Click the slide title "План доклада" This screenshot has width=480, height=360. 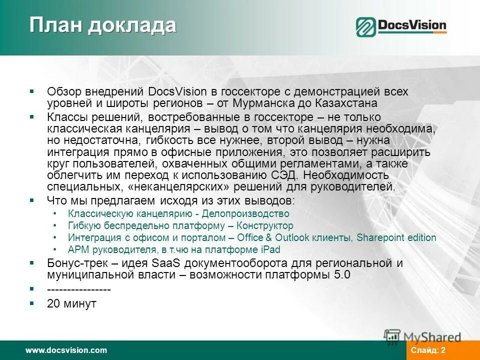[102, 25]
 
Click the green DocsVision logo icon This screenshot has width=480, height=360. [366, 27]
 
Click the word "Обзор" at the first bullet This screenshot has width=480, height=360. [62, 92]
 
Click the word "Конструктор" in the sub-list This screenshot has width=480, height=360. [265, 226]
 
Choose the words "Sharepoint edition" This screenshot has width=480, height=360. [396, 238]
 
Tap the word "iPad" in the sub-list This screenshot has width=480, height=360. [270, 249]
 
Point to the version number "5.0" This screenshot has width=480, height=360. [340, 275]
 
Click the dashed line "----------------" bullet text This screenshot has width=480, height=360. [79, 289]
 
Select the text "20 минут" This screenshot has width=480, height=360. [71, 303]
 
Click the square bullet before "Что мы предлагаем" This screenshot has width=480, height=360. [31, 200]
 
